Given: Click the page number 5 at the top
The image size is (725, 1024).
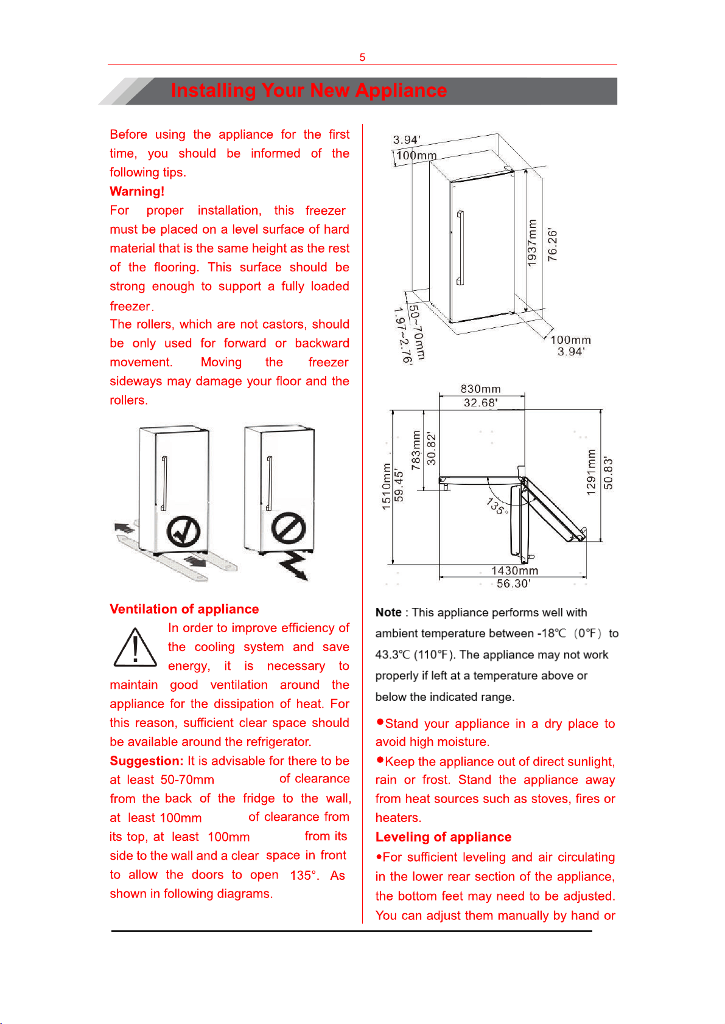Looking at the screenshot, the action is (362, 57).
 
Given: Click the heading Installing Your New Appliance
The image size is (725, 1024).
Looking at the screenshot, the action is (309, 91).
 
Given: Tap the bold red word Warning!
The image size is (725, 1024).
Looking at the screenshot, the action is (137, 191).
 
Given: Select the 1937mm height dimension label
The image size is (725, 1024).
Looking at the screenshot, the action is (531, 243).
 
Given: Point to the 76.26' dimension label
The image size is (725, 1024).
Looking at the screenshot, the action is (553, 245).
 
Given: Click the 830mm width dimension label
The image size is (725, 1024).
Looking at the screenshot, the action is (481, 389).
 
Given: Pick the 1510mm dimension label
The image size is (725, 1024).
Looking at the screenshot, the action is (387, 486).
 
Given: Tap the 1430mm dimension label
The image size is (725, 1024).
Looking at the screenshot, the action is (514, 571).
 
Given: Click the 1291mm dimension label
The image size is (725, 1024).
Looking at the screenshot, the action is (591, 473).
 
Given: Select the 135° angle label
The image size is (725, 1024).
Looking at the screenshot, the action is (497, 506).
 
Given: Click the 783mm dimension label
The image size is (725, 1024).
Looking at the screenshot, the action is (416, 450).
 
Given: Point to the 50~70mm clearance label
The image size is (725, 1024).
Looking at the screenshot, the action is (417, 332).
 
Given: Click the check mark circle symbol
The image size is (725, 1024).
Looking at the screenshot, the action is (183, 532).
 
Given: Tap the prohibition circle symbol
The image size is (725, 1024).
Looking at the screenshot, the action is (289, 528).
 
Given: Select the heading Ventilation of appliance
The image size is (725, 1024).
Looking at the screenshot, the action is (184, 609).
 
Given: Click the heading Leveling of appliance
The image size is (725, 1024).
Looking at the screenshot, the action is (443, 837).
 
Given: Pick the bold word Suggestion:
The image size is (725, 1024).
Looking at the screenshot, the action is (146, 761).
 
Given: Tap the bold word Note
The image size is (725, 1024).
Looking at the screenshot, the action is (388, 612).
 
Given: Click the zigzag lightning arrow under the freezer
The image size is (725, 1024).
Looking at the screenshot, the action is (293, 566).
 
